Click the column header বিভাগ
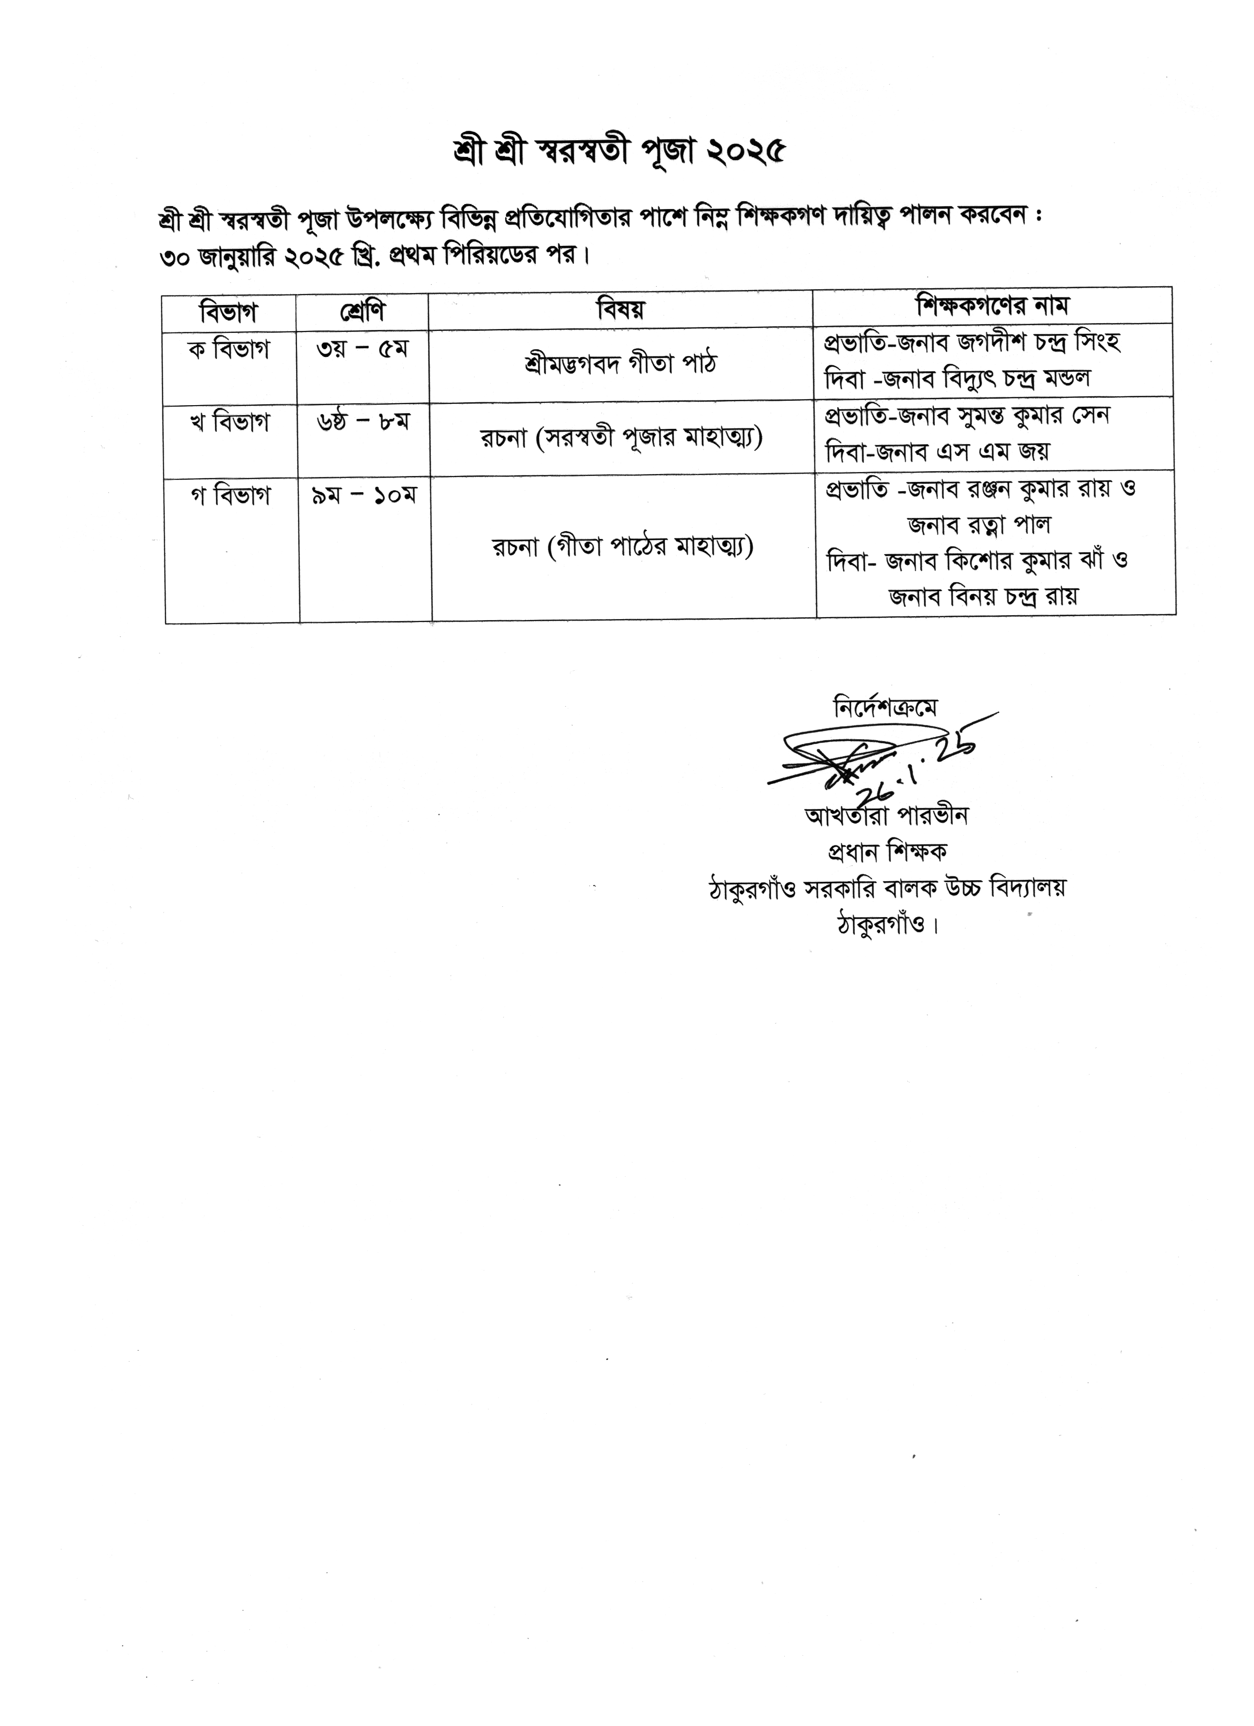click(228, 311)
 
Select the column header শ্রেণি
click(362, 310)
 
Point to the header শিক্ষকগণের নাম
click(993, 305)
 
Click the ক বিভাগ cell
click(229, 351)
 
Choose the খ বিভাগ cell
click(230, 422)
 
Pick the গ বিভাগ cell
click(231, 496)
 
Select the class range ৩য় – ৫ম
click(363, 349)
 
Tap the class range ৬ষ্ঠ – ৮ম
click(363, 421)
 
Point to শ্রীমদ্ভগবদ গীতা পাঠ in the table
click(620, 364)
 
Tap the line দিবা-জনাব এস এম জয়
click(937, 452)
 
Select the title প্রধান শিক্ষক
click(887, 852)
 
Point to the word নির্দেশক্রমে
click(886, 708)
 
